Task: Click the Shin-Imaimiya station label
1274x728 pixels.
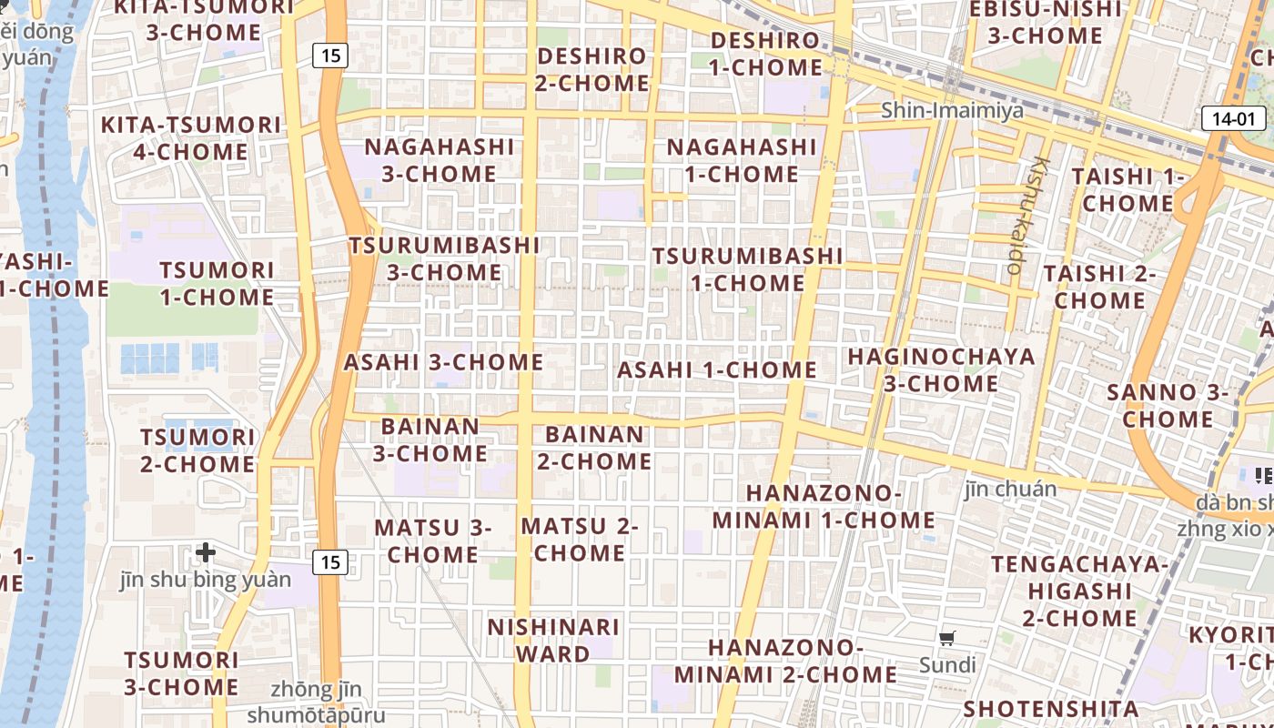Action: point(952,111)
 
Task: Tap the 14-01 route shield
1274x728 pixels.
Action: point(1234,118)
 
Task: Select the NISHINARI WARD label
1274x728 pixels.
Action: point(553,641)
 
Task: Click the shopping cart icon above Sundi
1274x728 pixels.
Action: point(947,639)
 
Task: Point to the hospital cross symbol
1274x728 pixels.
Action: point(206,551)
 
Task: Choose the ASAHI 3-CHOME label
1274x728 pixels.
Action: point(443,362)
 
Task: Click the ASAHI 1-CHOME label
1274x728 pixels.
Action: point(717,370)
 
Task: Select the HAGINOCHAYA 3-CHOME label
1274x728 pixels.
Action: point(941,369)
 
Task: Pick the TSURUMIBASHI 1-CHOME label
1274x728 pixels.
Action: point(747,269)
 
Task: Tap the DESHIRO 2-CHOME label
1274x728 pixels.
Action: point(591,69)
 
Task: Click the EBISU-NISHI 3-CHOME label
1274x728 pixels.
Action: point(1045,23)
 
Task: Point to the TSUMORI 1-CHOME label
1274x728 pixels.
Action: point(217,283)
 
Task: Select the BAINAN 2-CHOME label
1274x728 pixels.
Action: point(594,448)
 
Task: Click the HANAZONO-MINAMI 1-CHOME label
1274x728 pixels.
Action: point(824,507)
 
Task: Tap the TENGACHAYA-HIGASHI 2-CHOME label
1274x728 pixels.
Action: point(1079,591)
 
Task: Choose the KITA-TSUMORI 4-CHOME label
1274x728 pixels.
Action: point(190,138)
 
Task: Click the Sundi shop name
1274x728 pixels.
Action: point(947,665)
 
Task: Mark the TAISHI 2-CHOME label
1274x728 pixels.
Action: point(1099,286)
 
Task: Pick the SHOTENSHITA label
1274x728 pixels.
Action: point(1050,709)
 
